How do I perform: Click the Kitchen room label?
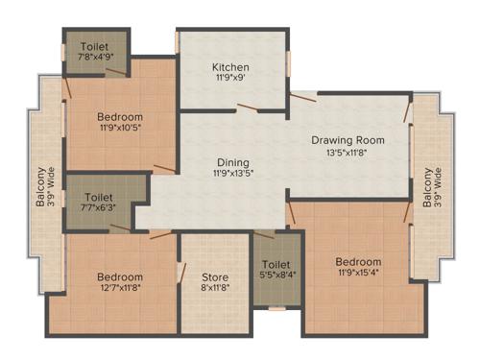click(x=231, y=67)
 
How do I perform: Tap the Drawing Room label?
click(x=348, y=140)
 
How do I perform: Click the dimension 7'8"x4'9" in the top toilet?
click(x=96, y=58)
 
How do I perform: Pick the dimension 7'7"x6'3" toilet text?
click(x=99, y=205)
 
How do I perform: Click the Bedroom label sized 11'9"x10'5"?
click(x=120, y=118)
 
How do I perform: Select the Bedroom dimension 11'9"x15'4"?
click(x=357, y=275)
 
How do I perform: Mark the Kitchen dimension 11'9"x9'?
click(x=231, y=81)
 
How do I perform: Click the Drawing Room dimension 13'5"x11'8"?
click(x=348, y=153)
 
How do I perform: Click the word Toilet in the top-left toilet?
click(x=96, y=45)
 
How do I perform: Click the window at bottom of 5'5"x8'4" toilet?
click(x=276, y=309)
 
